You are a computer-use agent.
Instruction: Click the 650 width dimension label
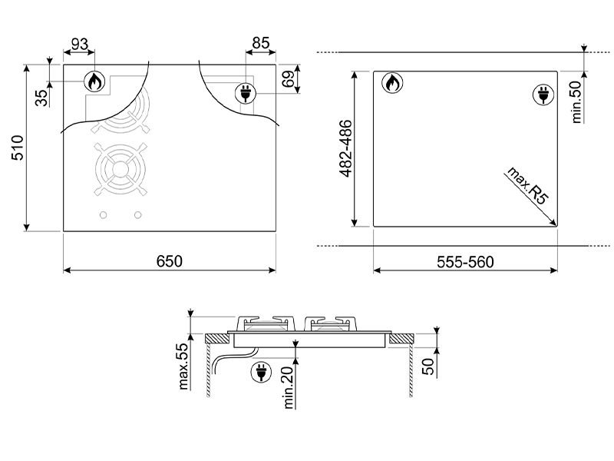pos(169,261)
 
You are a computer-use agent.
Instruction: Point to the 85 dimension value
pos(260,45)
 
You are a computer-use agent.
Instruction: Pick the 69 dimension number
pos(288,79)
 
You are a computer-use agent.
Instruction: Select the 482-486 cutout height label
pos(345,149)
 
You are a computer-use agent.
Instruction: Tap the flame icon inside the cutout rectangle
pos(391,82)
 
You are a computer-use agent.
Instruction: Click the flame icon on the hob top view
pos(94,81)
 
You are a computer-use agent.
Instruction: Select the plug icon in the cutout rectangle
pos(542,95)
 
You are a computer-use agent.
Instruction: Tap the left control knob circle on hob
pos(103,215)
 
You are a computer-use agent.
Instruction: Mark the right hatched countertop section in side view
pos(400,338)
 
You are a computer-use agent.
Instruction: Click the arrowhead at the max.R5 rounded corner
pos(554,224)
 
